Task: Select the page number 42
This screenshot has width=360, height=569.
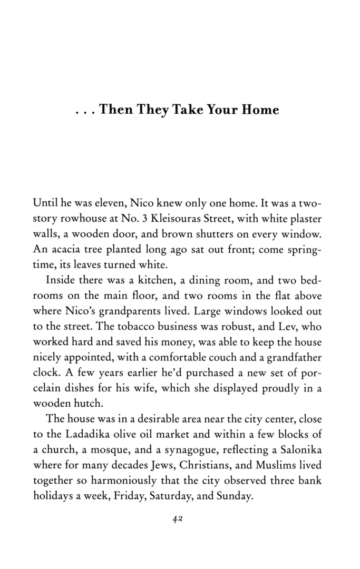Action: (177, 519)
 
